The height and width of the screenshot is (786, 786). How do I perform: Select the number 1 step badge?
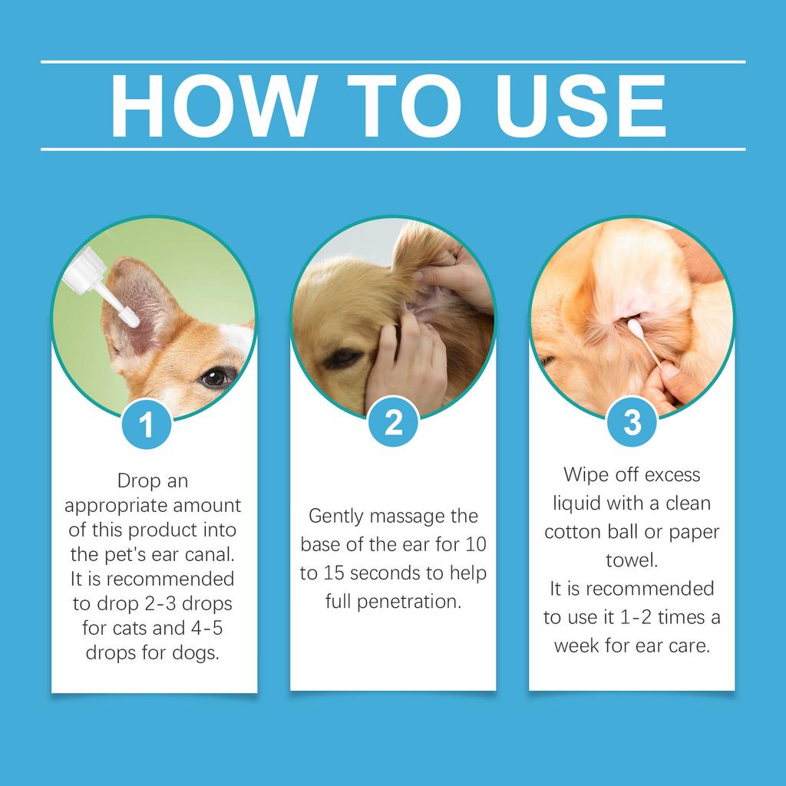(147, 424)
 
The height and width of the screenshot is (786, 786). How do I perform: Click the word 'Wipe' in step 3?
(589, 475)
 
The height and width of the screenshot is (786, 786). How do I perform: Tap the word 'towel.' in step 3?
(632, 560)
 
